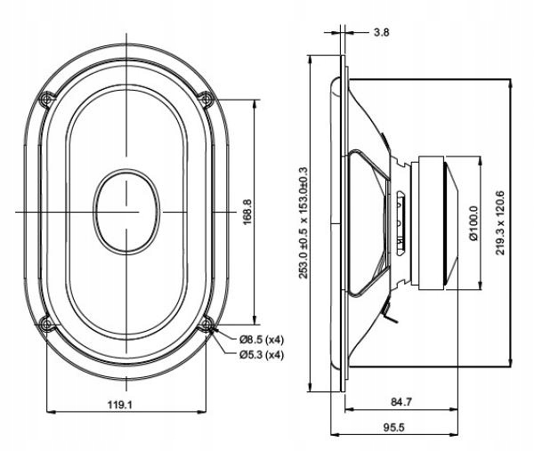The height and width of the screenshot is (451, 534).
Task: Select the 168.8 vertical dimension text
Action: [247, 212]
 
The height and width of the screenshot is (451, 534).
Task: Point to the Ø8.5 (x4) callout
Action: [261, 340]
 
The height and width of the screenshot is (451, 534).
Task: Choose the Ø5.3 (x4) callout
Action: [261, 355]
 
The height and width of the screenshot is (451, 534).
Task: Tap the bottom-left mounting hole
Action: [46, 323]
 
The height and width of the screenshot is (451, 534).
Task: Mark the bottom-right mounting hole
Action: [206, 323]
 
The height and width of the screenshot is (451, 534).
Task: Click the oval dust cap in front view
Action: [126, 212]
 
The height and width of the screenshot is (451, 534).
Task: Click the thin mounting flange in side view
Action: [342, 222]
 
